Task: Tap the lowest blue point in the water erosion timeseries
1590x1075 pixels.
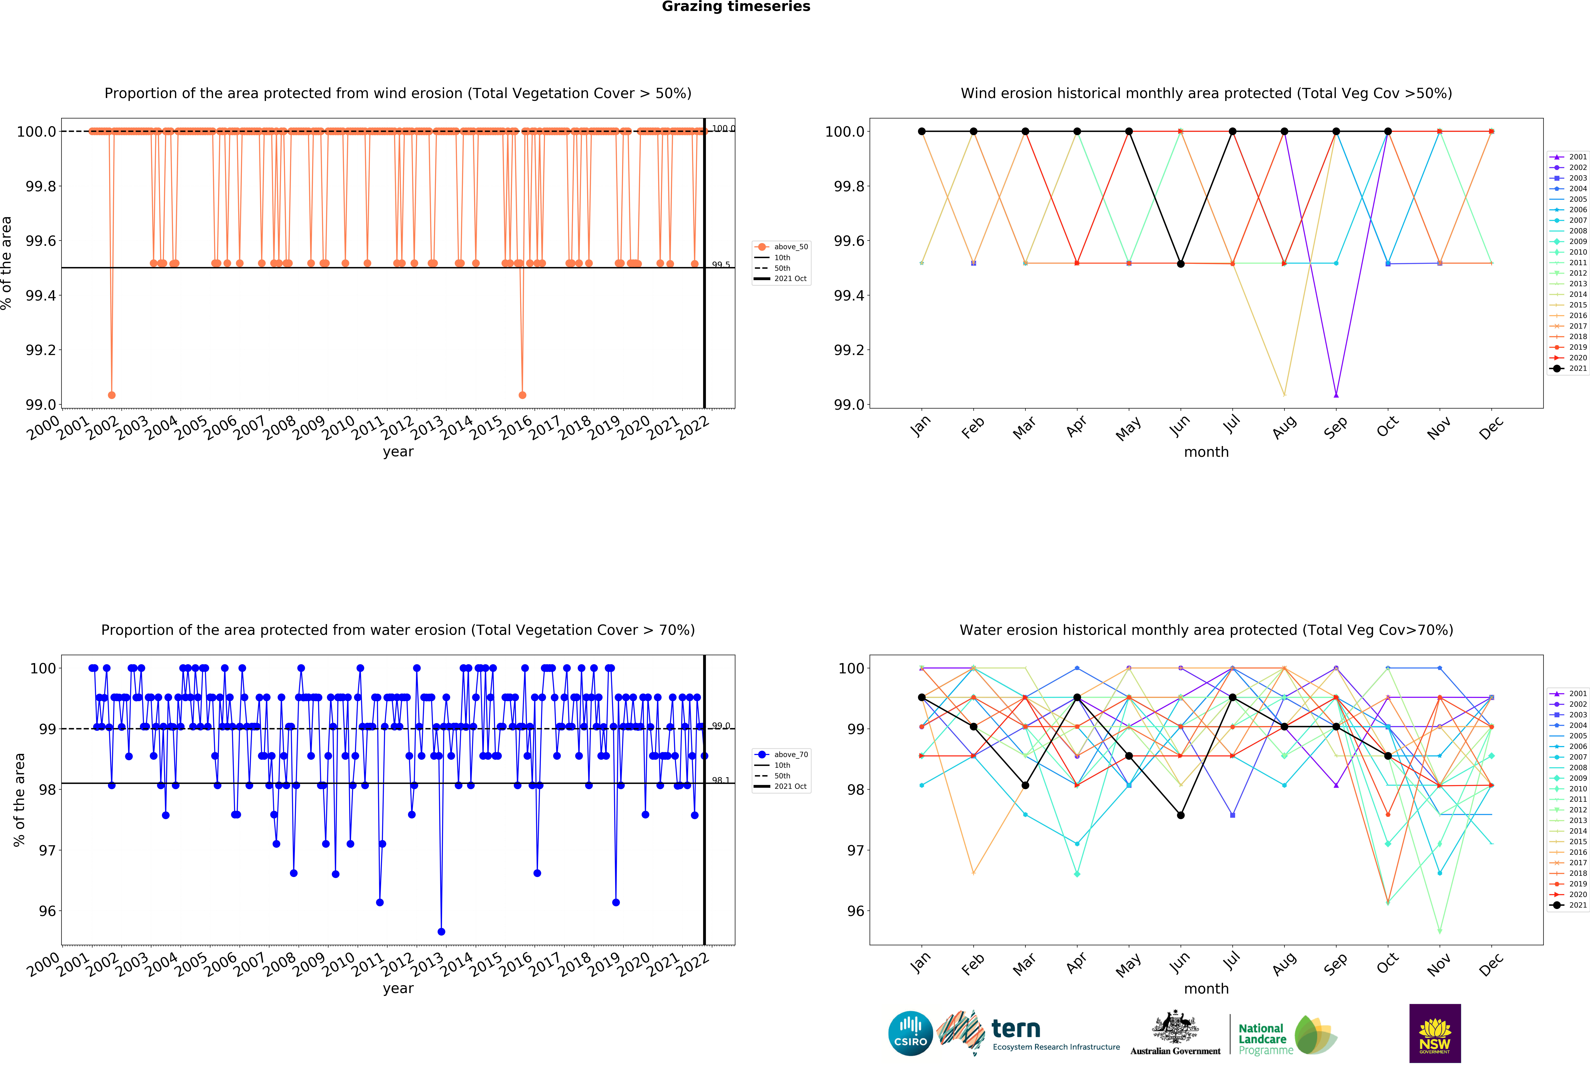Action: tap(441, 931)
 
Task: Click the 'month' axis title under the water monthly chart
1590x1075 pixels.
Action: tap(1206, 989)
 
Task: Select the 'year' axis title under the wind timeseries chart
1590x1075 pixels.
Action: tap(398, 452)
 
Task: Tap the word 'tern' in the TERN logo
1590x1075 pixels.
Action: tap(1016, 1028)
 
